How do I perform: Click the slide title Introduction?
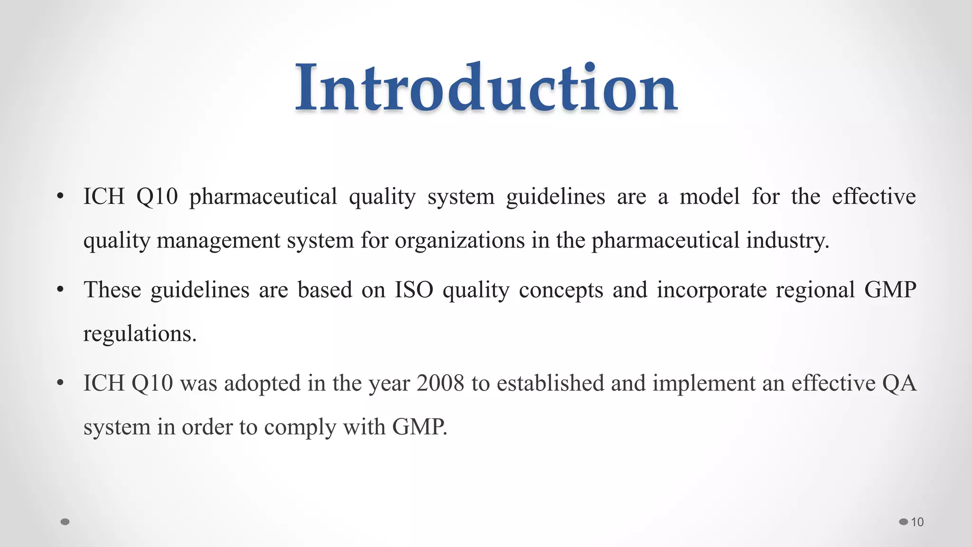click(486, 88)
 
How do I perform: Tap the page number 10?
click(917, 522)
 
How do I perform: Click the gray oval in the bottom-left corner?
click(65, 522)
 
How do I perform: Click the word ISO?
click(414, 290)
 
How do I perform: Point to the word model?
click(710, 197)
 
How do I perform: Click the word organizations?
click(459, 240)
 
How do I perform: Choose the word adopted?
click(262, 383)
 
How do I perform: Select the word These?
click(112, 290)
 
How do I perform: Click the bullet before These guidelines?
click(60, 290)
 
